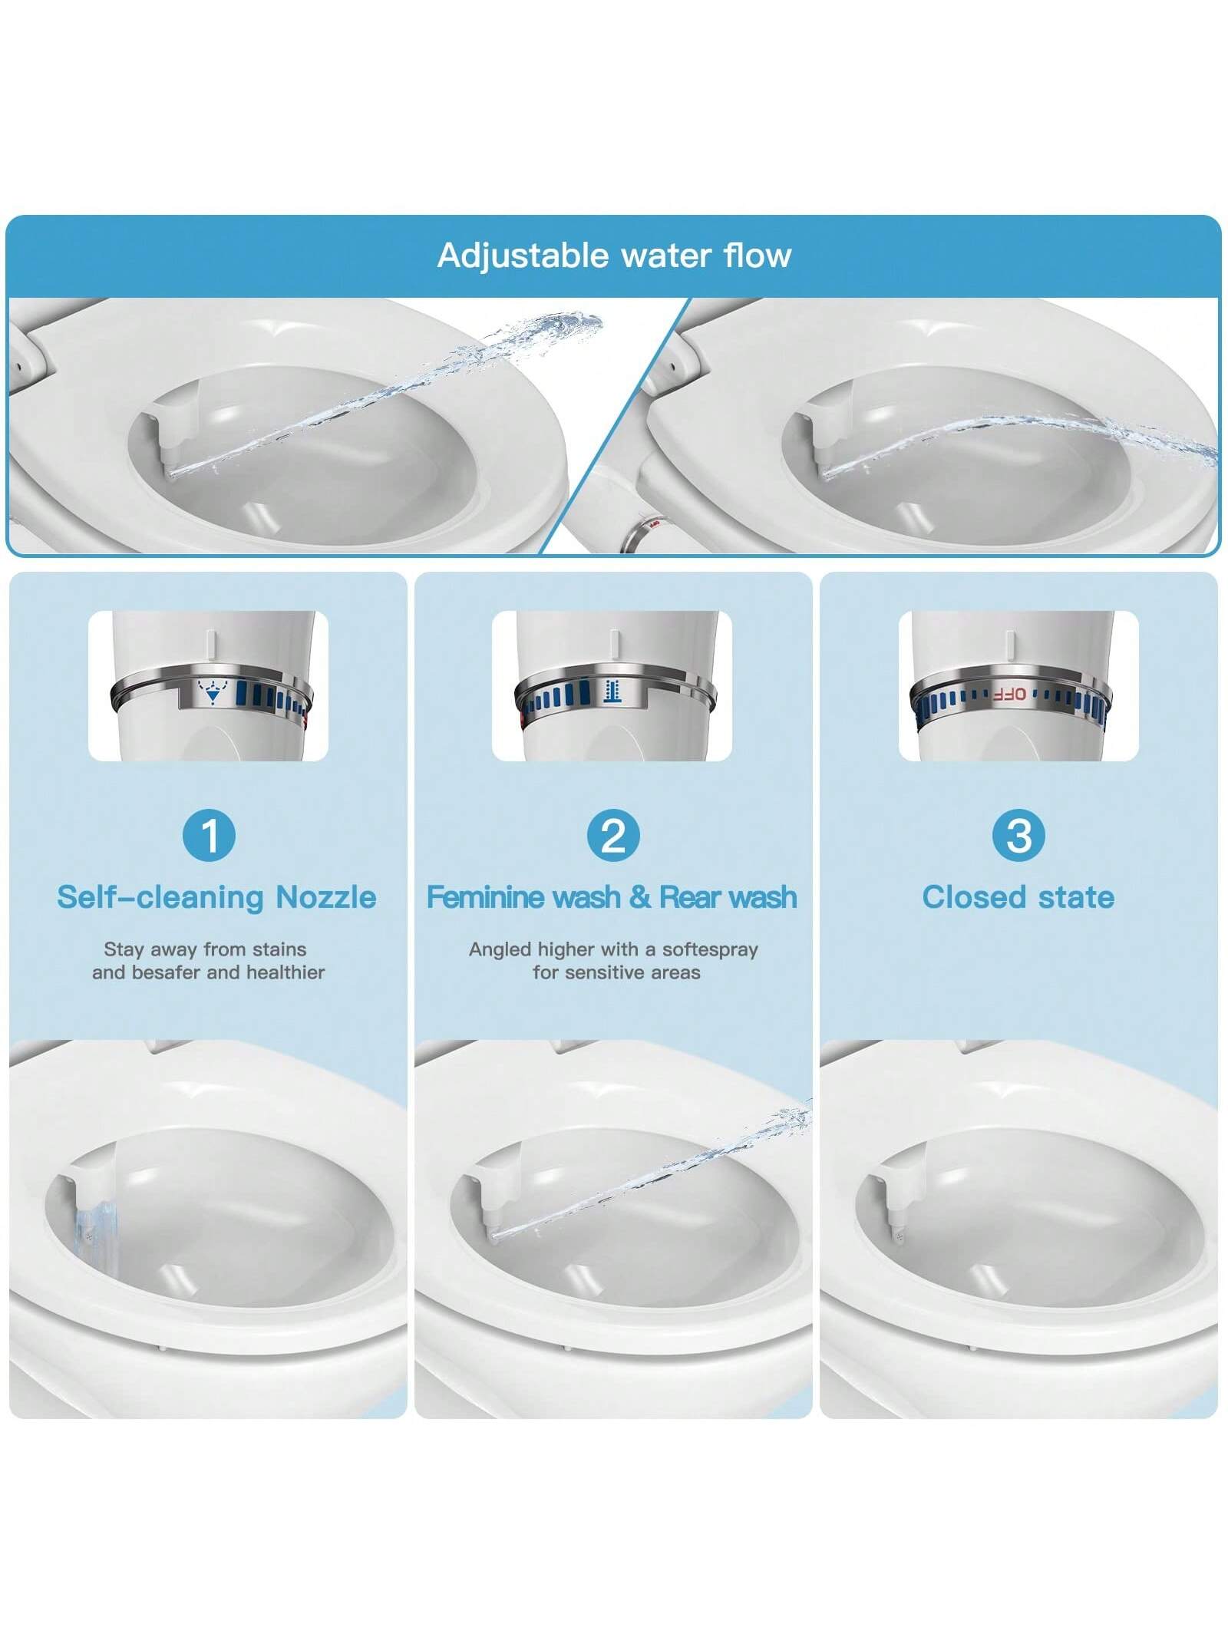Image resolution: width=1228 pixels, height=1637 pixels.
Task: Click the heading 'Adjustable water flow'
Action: [614, 256]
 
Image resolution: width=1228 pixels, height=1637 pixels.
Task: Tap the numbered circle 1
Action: [209, 835]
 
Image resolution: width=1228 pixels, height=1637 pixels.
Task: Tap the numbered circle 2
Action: [613, 835]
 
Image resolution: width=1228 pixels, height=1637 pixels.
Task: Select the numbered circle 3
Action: [1018, 835]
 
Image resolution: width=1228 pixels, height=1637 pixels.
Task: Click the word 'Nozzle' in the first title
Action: [326, 897]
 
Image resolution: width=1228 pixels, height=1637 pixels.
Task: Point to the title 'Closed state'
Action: [1018, 897]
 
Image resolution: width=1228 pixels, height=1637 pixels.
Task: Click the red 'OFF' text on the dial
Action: [1008, 694]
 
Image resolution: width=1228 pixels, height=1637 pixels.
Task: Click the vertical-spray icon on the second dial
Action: [611, 690]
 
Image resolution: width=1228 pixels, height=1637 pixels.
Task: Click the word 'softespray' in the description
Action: [710, 949]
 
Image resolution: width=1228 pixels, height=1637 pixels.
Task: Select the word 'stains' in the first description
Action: [282, 949]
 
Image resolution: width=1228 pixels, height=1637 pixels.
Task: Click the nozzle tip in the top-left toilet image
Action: [171, 474]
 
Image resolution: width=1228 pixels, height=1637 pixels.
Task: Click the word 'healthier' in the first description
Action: [285, 972]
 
